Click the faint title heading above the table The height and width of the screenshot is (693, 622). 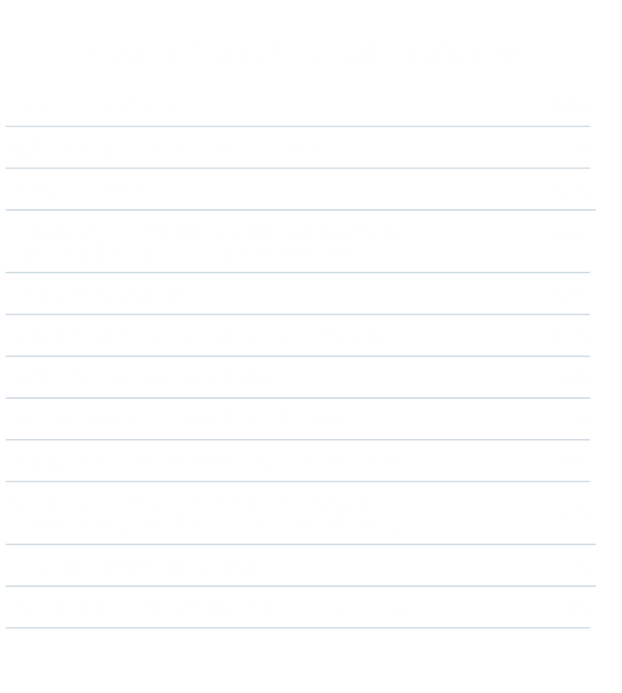(x=300, y=57)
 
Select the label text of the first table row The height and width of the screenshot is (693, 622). (x=93, y=105)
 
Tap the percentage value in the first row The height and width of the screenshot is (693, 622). (x=578, y=105)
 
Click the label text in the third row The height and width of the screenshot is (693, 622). (x=85, y=190)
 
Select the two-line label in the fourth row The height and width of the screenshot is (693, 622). (x=194, y=242)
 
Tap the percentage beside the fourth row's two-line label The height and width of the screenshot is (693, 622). (x=578, y=240)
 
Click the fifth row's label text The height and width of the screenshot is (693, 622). (x=97, y=295)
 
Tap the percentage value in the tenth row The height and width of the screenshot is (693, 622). (x=578, y=512)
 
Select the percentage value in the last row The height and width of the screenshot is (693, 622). (x=578, y=608)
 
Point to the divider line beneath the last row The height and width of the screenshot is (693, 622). (x=298, y=628)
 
